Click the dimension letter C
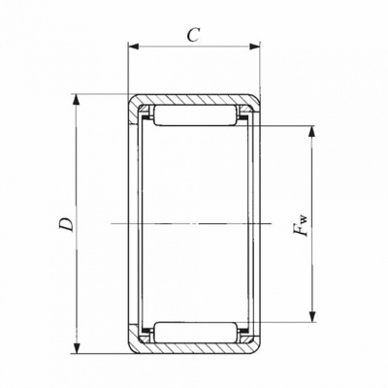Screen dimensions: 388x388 193,35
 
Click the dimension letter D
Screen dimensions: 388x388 66,224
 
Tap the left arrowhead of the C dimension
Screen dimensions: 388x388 134,47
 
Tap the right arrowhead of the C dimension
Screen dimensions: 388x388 255,47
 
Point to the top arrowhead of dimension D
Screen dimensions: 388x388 77,100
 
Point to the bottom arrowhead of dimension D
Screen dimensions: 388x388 77,348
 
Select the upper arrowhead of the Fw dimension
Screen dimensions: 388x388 312,131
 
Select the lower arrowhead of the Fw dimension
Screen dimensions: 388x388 312,317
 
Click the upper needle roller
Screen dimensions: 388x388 195,115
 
